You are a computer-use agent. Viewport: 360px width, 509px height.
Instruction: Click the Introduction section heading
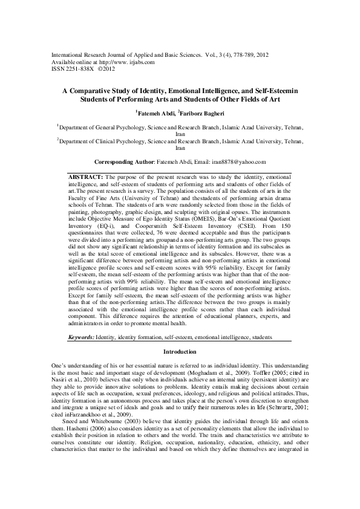(180, 352)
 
